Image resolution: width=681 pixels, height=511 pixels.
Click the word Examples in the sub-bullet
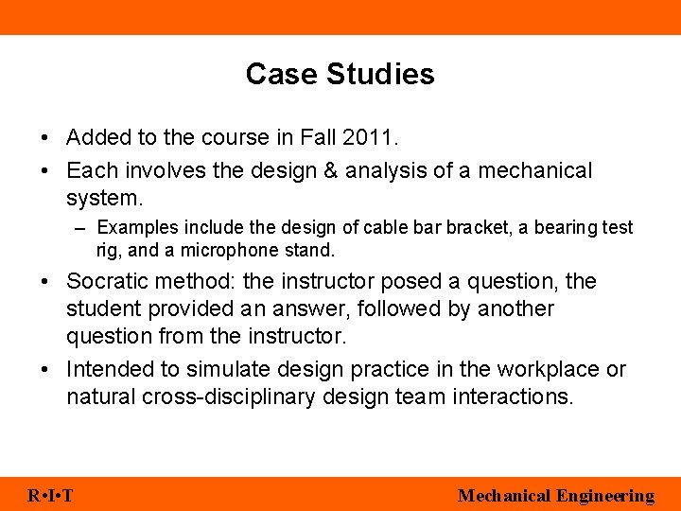pos(133,228)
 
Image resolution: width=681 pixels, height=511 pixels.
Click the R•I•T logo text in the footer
pos(51,496)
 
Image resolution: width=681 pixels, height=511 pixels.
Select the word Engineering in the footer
pos(605,496)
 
